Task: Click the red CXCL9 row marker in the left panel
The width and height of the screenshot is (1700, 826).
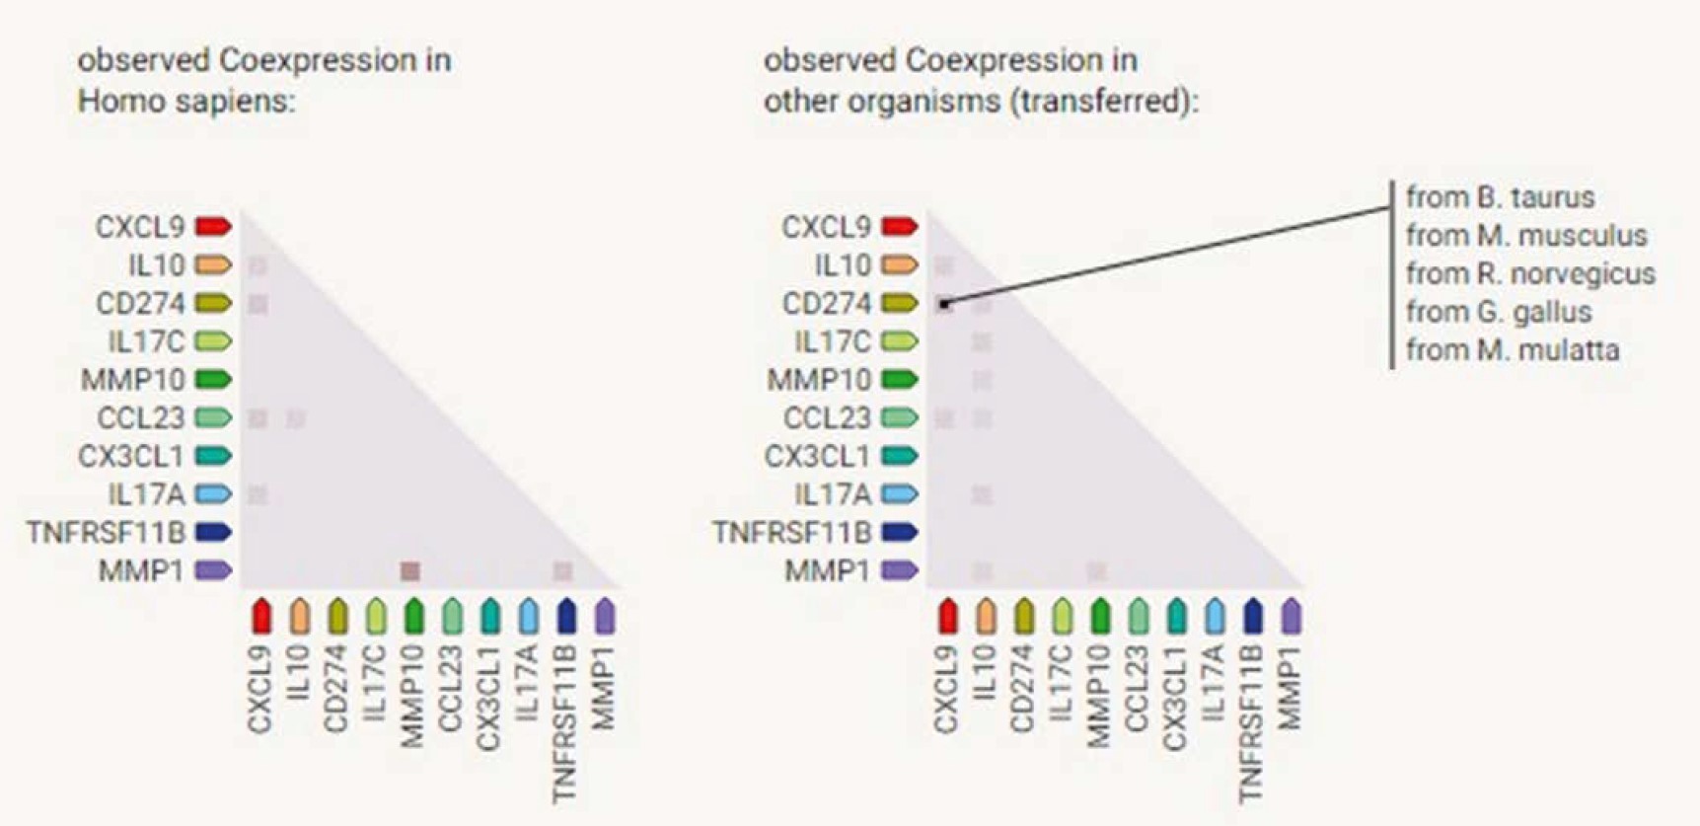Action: (213, 227)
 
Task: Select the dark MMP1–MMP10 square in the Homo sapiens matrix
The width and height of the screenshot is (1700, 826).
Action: (410, 570)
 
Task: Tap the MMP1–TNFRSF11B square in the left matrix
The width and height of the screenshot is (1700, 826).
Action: (562, 570)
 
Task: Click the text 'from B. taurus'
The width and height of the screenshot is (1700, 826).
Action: (1500, 197)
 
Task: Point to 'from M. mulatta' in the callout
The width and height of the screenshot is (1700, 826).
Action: (1513, 350)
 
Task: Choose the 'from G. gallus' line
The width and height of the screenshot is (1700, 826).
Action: (1499, 312)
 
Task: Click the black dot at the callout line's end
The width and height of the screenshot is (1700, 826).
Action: (944, 305)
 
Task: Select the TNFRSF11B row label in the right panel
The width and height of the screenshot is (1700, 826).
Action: (792, 533)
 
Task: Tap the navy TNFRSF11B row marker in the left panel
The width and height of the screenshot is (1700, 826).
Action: (213, 533)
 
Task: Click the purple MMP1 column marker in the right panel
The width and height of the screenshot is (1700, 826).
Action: (1291, 616)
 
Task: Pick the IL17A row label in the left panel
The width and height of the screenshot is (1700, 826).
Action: (146, 494)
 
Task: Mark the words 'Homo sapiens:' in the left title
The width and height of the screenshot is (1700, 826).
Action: (186, 101)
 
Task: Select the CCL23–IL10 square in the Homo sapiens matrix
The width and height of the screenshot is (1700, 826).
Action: (295, 418)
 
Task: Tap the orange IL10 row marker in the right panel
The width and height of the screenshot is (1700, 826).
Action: (899, 264)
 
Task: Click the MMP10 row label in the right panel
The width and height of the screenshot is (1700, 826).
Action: (819, 380)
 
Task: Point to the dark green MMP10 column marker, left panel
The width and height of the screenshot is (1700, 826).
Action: (413, 616)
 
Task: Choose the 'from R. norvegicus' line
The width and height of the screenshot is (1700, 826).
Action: (1530, 273)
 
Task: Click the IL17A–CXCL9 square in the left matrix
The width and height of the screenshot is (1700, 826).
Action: (258, 494)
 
